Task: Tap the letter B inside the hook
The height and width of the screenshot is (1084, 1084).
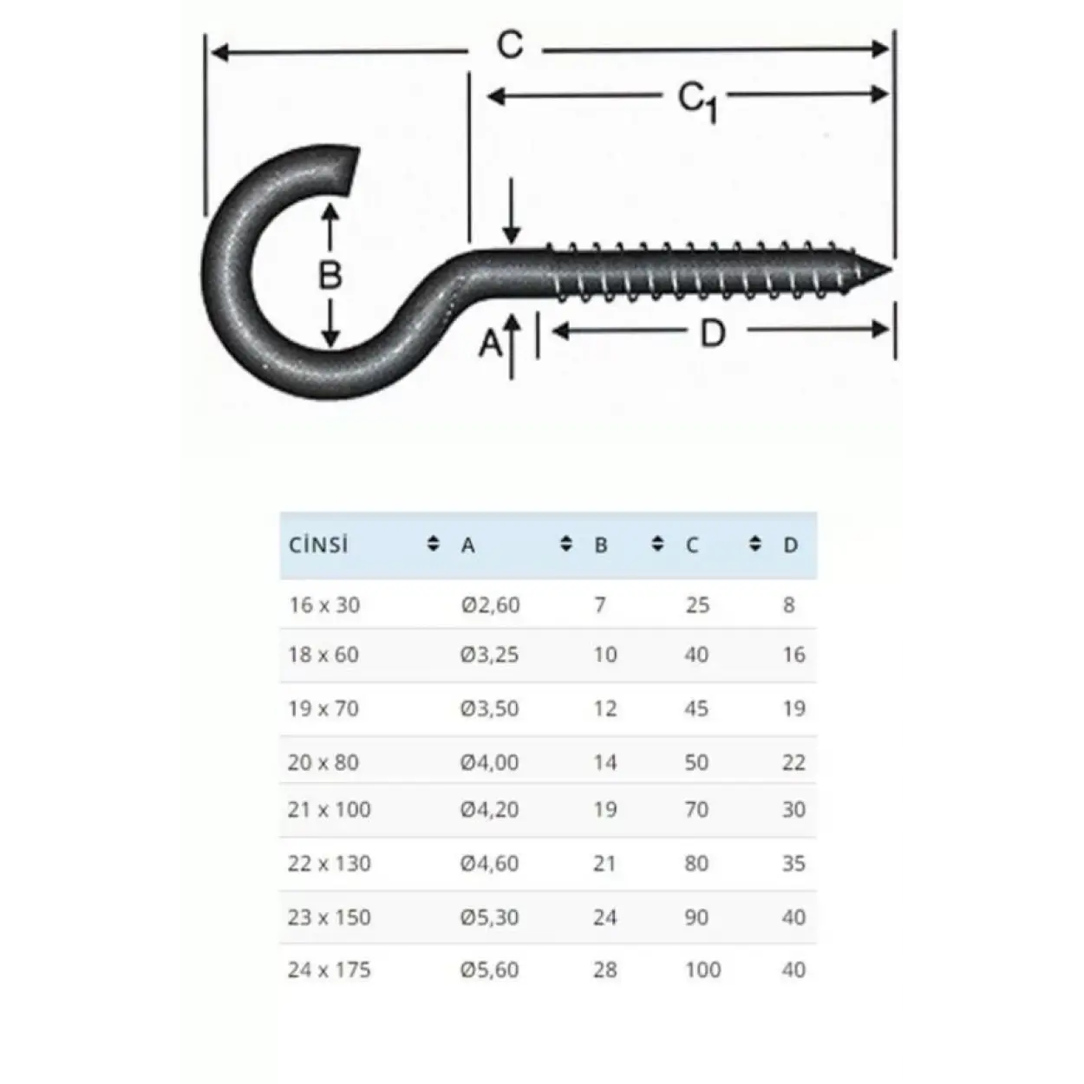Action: [x=330, y=276]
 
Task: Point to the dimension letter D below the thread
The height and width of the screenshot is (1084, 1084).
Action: [x=712, y=333]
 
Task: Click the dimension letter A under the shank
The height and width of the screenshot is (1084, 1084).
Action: [x=491, y=344]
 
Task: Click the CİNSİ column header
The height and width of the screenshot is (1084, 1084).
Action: [x=318, y=545]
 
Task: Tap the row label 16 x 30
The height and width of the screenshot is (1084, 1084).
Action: [x=323, y=604]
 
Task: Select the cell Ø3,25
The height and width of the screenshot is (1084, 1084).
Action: [x=490, y=655]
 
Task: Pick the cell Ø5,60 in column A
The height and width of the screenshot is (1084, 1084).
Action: [x=490, y=970]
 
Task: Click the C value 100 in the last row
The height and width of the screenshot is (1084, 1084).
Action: [x=702, y=970]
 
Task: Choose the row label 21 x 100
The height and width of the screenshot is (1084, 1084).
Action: [x=329, y=809]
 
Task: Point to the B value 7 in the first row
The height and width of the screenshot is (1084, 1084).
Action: [x=600, y=604]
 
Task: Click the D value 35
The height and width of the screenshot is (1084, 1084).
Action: [x=793, y=864]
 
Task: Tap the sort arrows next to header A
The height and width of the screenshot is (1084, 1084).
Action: [x=566, y=545]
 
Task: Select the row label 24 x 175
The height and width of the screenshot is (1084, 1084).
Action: [x=329, y=970]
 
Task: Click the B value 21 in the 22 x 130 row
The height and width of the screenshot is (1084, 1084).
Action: [x=604, y=864]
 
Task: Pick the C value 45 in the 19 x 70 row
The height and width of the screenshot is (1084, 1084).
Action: [x=696, y=709]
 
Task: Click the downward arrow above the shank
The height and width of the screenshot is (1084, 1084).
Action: [x=512, y=212]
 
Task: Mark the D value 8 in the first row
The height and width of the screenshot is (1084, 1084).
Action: [x=788, y=604]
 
